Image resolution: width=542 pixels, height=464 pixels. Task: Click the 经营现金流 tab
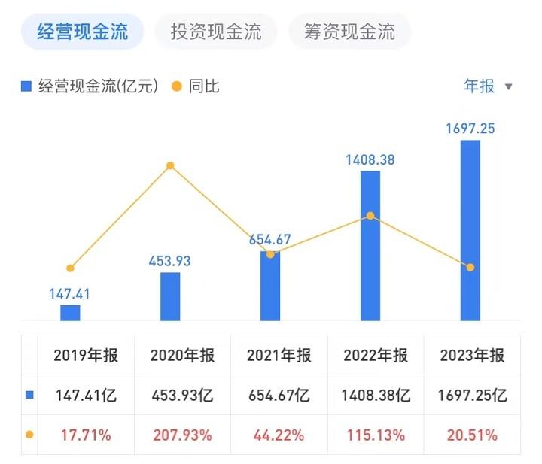81,32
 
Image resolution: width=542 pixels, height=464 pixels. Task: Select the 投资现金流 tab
215,32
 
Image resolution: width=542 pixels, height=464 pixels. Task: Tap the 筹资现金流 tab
349,32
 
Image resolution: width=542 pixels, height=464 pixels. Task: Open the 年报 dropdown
487,86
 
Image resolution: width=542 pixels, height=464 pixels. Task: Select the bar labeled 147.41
70,313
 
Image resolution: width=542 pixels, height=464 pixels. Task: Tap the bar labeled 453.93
170,296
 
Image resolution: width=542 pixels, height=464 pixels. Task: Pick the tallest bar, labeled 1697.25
470,230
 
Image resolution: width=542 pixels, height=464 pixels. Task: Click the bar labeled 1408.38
370,245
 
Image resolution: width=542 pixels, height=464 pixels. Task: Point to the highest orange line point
170,165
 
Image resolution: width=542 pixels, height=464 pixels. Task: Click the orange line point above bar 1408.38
370,216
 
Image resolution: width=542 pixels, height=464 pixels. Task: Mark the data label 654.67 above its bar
270,240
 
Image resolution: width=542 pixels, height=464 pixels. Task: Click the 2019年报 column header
86,356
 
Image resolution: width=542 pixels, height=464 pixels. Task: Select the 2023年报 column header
471,356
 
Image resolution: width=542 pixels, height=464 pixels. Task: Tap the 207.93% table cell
181,435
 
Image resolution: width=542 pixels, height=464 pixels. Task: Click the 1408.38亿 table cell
374,395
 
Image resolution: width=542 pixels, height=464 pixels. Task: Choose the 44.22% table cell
278,435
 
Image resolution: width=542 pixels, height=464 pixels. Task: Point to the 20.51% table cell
471,435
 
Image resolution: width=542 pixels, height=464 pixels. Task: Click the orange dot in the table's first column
29,435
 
